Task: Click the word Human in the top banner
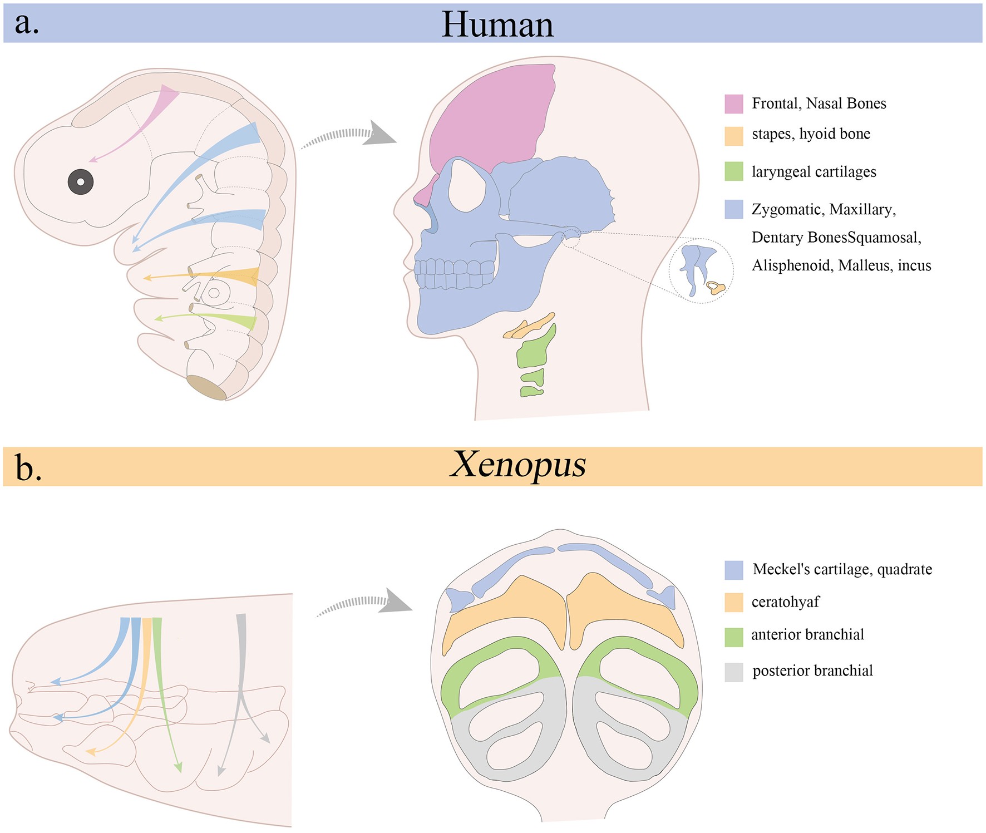click(x=497, y=25)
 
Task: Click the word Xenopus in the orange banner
click(x=517, y=465)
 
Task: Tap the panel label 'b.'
click(x=28, y=468)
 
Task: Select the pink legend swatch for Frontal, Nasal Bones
click(x=733, y=104)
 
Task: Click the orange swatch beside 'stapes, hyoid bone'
click(x=733, y=136)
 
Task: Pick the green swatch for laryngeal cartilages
click(x=733, y=171)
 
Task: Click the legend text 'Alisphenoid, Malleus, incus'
click(x=841, y=265)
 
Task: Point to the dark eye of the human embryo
click(x=80, y=182)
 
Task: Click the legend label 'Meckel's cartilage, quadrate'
click(x=842, y=569)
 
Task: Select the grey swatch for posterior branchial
click(x=733, y=672)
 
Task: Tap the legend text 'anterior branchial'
click(x=807, y=635)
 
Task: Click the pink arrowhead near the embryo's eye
click(x=93, y=160)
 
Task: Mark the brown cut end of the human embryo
click(x=206, y=387)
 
